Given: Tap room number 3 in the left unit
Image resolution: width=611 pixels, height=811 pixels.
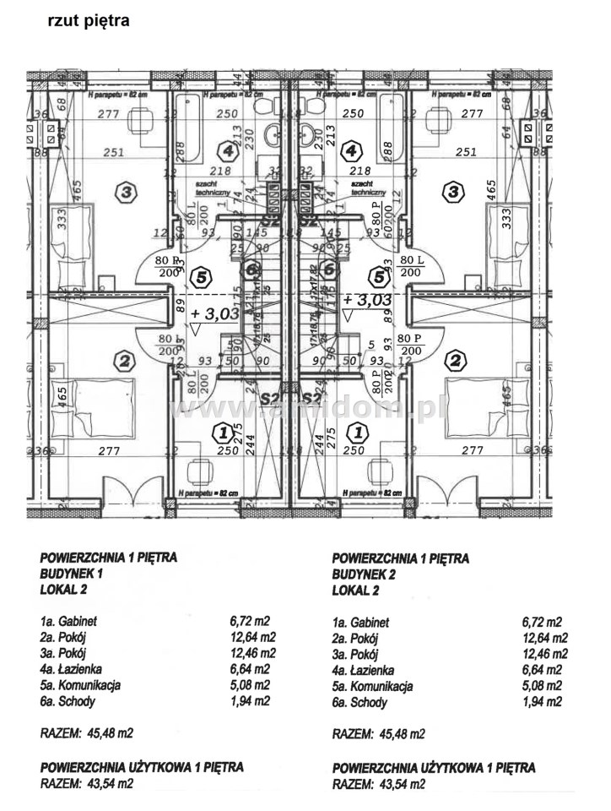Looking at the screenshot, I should point(126,193).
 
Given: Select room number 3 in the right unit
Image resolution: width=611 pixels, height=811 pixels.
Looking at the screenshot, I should point(454,193).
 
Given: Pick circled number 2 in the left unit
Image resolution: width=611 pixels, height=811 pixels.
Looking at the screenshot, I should point(124,362).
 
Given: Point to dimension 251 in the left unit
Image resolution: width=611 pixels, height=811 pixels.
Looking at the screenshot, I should point(114,152).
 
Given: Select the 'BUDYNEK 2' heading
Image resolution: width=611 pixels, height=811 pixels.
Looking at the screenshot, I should point(367,574).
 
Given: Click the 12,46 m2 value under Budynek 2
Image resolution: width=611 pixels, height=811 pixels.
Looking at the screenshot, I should point(544,654).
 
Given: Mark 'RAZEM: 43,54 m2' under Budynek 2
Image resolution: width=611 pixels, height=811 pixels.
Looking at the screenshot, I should point(379,785).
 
